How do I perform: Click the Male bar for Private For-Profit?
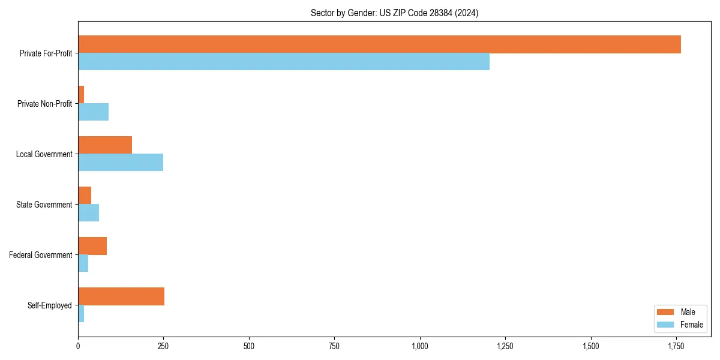click(379, 44)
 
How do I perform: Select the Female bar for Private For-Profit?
click(284, 61)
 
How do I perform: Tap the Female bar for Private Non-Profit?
click(93, 112)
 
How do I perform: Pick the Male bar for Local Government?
click(105, 145)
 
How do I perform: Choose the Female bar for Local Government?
click(121, 162)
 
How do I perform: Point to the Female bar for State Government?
click(88, 212)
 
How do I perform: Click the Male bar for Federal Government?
click(92, 246)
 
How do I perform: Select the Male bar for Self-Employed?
click(121, 296)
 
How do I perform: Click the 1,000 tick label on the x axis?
click(420, 346)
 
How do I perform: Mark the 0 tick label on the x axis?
click(78, 346)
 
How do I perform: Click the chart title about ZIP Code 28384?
click(394, 13)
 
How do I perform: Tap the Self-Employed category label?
click(50, 305)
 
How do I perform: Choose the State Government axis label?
click(44, 205)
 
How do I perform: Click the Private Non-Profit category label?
click(44, 104)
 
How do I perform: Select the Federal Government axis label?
click(41, 255)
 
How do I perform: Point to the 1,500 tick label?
click(591, 346)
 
